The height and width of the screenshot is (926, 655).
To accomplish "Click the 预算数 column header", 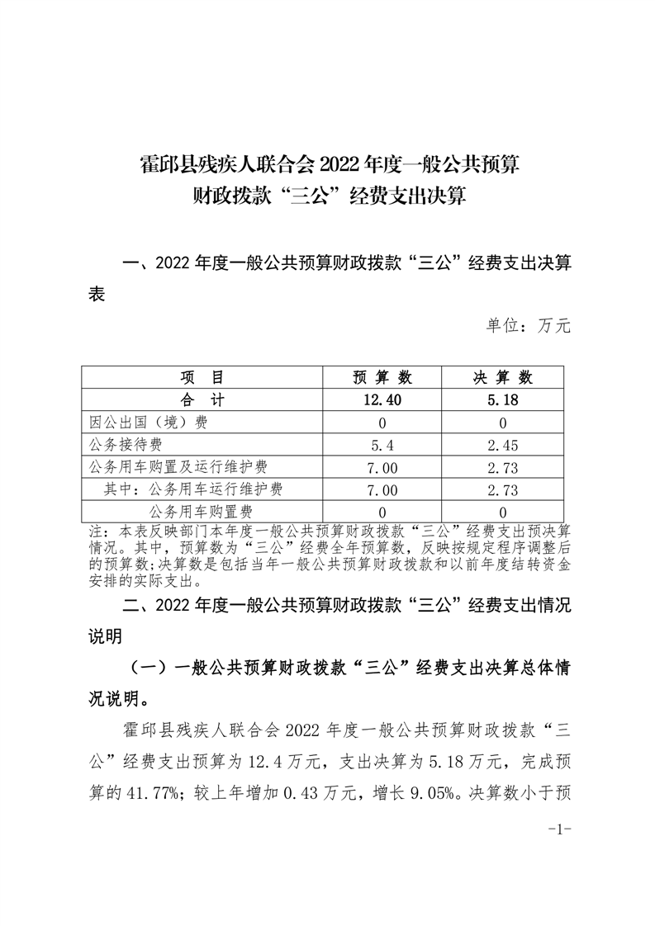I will [x=382, y=378].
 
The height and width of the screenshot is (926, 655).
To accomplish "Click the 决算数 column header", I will [x=503, y=378].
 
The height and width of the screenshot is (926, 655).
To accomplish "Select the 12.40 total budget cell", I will [x=382, y=400].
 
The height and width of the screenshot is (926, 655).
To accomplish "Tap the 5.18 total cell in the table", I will [x=503, y=400].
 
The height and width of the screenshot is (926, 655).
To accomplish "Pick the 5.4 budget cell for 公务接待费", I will [x=382, y=446].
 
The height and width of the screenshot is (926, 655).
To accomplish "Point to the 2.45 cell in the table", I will [x=503, y=446].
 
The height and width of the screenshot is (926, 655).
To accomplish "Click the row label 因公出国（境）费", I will [x=149, y=423].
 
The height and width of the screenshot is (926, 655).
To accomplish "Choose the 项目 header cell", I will [x=202, y=378].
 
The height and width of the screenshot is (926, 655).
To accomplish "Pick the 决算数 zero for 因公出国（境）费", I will [x=503, y=423].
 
